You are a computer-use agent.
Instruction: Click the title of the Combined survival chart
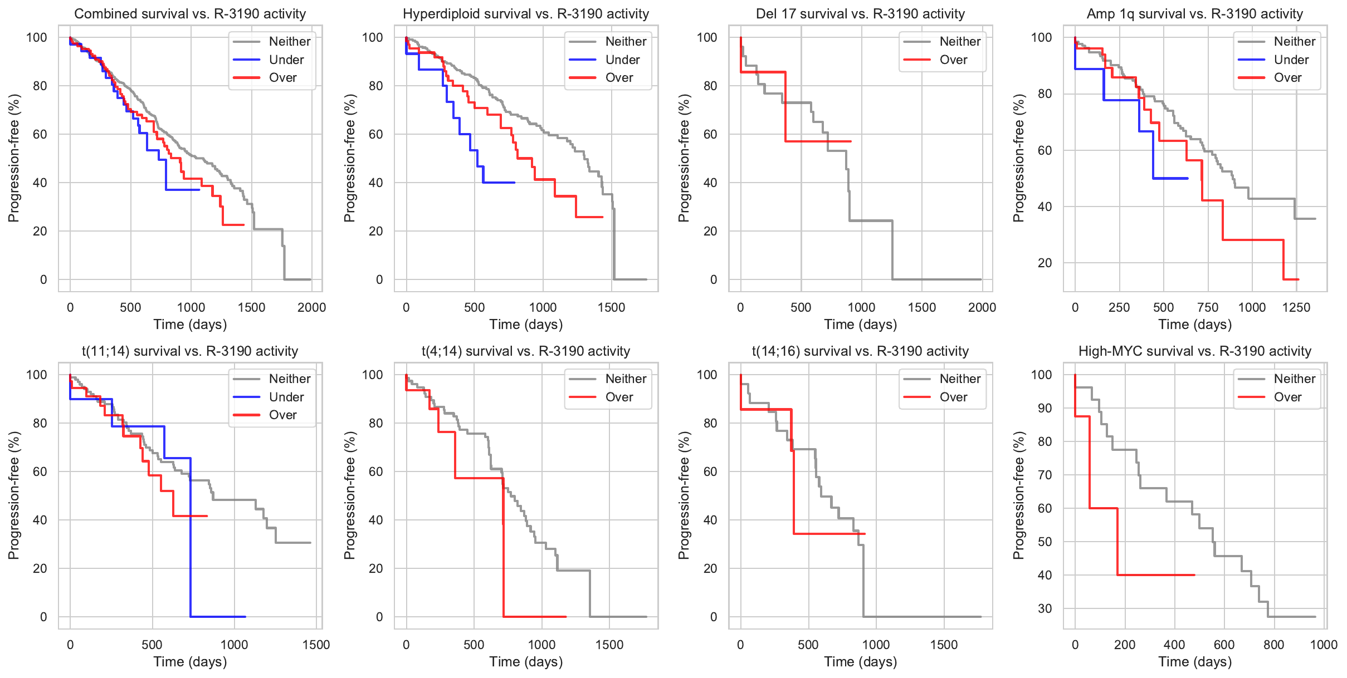[x=190, y=14]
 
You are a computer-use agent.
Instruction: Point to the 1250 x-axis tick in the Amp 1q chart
[x=1296, y=307]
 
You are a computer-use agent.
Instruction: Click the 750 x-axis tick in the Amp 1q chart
[x=1208, y=307]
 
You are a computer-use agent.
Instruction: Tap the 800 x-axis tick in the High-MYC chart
[x=1273, y=645]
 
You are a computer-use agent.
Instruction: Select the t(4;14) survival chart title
[x=526, y=351]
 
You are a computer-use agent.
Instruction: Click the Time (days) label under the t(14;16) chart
[x=860, y=661]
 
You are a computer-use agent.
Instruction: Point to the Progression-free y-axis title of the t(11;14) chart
[x=14, y=495]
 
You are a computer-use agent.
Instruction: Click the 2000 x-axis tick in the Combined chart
[x=311, y=307]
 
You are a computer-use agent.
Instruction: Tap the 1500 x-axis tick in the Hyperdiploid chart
[x=611, y=307]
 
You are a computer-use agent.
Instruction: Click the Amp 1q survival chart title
[x=1194, y=14]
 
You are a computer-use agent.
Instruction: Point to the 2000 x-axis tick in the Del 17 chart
[x=982, y=307]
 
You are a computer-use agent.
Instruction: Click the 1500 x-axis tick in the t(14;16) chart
[x=944, y=645]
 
